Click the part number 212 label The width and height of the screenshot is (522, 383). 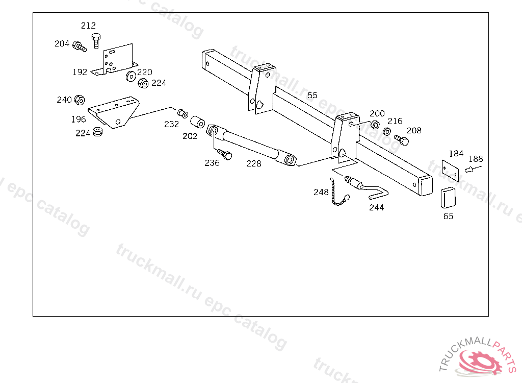coord(88,26)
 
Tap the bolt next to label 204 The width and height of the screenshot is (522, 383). coord(79,46)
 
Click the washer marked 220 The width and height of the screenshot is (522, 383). coord(130,77)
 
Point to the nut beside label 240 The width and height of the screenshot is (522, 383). coord(79,100)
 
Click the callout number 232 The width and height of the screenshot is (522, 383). coord(171,124)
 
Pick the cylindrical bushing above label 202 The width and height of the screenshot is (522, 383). coord(198,124)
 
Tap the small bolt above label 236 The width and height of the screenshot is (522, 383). coord(224,154)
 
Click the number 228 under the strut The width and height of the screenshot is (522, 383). coord(253,163)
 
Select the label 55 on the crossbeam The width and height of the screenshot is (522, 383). coord(312,95)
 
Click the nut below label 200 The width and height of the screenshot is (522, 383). coord(374,125)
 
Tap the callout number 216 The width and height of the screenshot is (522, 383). coord(395,121)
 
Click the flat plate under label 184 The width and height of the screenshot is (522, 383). coord(451,170)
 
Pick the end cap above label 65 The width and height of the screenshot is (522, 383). coord(448,198)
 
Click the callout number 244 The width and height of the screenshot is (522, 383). coord(376,207)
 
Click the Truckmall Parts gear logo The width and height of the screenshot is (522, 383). coord(479,361)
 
